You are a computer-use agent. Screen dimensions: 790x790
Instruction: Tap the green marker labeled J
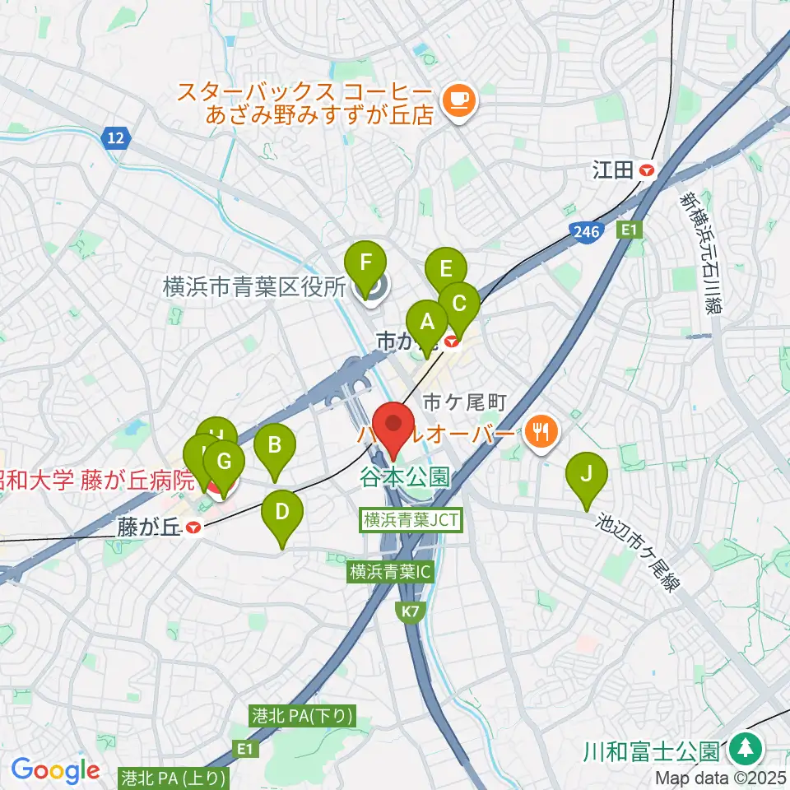point(586,475)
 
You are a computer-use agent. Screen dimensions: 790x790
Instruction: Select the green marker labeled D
point(281,513)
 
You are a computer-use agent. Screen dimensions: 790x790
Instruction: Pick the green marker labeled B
point(274,446)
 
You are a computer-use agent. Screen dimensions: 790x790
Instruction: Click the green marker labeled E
point(445,269)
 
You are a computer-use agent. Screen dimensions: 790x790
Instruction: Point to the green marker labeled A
point(426,323)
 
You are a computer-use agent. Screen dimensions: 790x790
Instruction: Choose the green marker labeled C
point(458,304)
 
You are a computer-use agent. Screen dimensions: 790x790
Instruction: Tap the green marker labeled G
point(224,462)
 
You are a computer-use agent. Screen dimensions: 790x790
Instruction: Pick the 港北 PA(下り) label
point(302,717)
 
